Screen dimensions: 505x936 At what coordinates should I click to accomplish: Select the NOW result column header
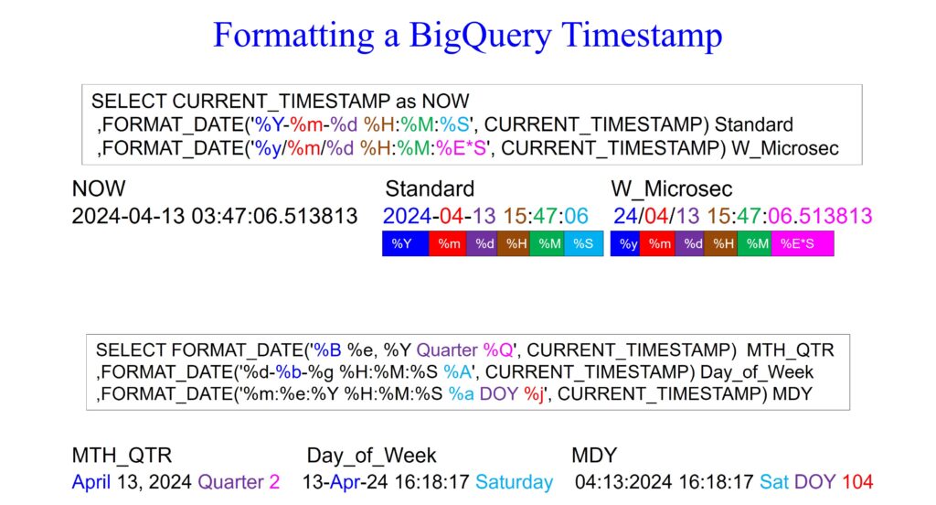click(98, 189)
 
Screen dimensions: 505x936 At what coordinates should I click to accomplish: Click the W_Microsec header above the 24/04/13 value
click(671, 189)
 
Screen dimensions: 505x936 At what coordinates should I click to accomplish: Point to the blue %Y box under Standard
click(403, 243)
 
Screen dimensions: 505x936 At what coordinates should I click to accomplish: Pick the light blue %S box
click(583, 243)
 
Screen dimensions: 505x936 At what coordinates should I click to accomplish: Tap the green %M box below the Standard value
click(548, 243)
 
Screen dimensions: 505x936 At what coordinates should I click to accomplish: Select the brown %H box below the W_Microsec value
click(724, 243)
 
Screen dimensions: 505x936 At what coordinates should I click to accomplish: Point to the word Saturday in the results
click(514, 482)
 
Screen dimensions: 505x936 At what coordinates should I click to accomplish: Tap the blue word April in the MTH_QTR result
click(91, 482)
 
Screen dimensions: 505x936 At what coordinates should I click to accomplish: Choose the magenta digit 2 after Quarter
click(273, 482)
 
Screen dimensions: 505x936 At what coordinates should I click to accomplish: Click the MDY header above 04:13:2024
click(594, 456)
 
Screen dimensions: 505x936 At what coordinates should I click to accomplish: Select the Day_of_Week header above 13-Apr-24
click(371, 456)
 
